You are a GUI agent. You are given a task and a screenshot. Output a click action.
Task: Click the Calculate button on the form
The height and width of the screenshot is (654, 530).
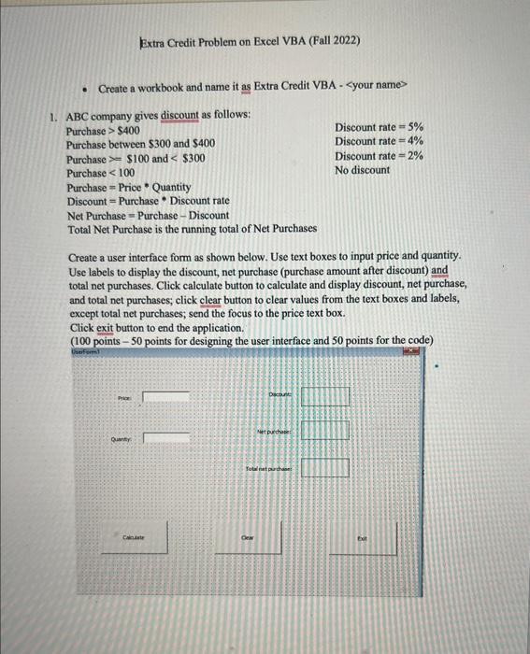tap(143, 538)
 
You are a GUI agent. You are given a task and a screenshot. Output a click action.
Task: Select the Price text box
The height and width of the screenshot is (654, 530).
tap(165, 396)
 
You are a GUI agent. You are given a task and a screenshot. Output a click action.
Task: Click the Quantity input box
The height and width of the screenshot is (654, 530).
tap(165, 435)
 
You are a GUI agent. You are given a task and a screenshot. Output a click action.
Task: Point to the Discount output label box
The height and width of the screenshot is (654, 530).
tap(324, 396)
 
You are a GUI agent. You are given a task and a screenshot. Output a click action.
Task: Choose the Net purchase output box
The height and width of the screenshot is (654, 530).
tap(324, 431)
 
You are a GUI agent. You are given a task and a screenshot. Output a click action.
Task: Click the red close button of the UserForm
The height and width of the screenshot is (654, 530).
tap(408, 349)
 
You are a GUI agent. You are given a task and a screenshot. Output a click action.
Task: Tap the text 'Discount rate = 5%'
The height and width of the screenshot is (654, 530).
tap(379, 127)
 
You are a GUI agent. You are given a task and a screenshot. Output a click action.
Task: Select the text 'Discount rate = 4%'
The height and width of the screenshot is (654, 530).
tap(379, 142)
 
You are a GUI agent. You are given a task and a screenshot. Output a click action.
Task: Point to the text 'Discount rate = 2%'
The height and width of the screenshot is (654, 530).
tap(379, 156)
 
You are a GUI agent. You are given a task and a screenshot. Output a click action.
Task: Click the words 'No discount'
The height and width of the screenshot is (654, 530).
tap(363, 171)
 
